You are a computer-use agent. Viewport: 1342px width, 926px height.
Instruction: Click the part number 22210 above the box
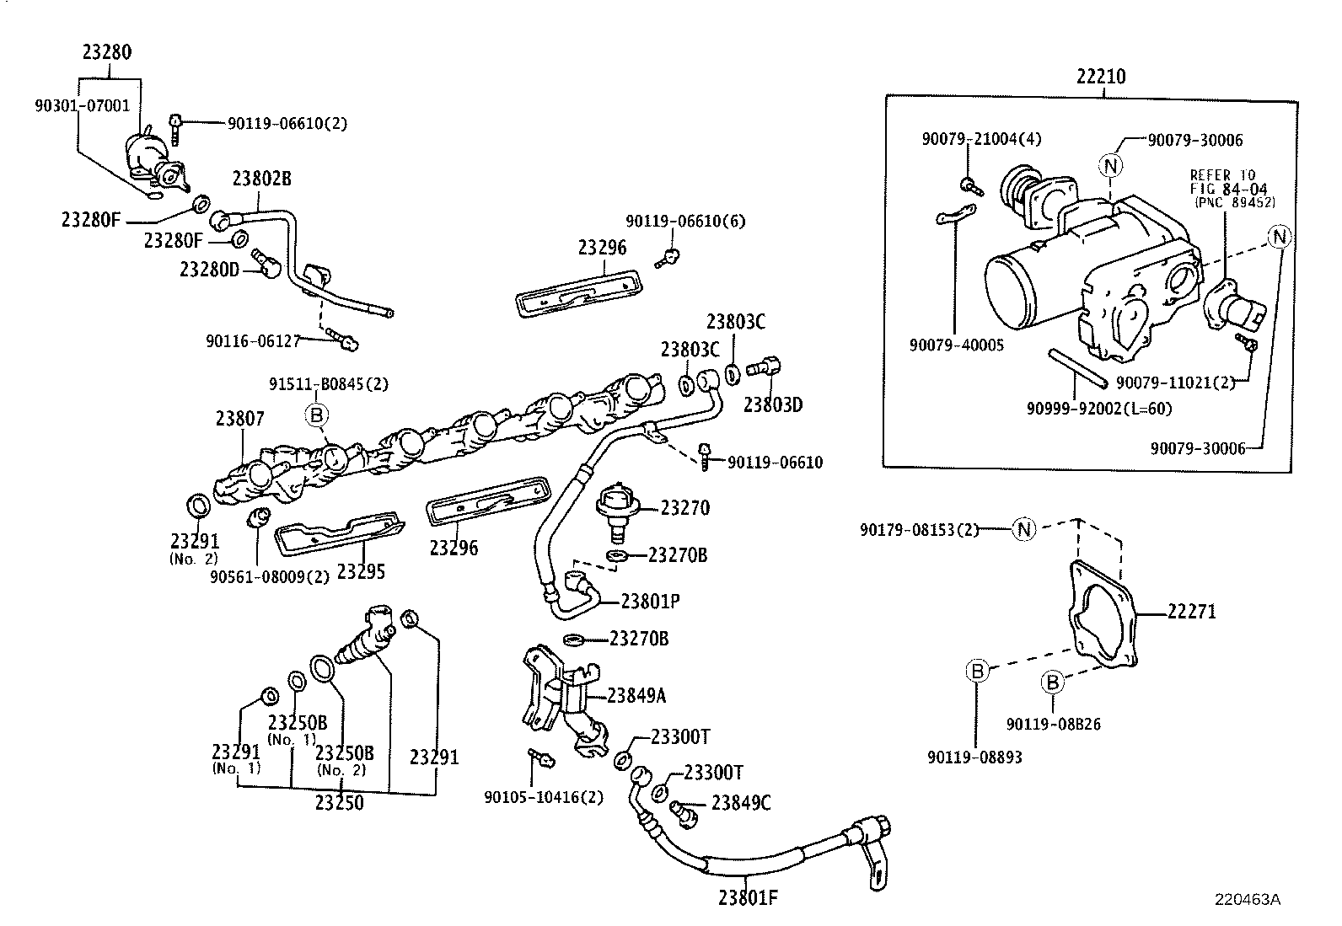coord(1101,77)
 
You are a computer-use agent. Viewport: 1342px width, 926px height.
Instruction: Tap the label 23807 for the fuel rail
coord(239,418)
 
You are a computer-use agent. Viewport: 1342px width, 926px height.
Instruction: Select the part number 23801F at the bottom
coord(748,897)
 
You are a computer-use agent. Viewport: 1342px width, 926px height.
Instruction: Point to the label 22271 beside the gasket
coord(1192,612)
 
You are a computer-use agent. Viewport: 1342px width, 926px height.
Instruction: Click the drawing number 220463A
coord(1248,899)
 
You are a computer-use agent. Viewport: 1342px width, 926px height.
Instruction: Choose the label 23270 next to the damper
coord(684,508)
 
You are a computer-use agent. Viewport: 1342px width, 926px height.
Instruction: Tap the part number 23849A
coord(636,695)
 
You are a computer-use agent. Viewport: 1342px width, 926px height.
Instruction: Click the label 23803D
coord(773,405)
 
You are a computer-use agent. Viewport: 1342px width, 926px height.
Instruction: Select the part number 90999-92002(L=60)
coord(1099,409)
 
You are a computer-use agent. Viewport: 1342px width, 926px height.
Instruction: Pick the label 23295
coord(361,571)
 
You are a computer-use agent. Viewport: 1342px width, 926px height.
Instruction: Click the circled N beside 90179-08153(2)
coord(1024,529)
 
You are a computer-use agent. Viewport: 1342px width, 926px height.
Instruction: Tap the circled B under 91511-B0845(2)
coord(316,415)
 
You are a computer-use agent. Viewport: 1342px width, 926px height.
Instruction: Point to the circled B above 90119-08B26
coord(1053,682)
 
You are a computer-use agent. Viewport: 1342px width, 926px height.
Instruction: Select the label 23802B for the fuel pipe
coord(261,179)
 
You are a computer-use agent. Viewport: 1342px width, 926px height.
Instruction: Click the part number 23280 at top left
coord(107,52)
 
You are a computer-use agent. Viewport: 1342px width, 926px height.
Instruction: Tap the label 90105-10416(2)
coord(544,797)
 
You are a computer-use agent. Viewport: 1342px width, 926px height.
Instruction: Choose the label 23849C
coord(741,803)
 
